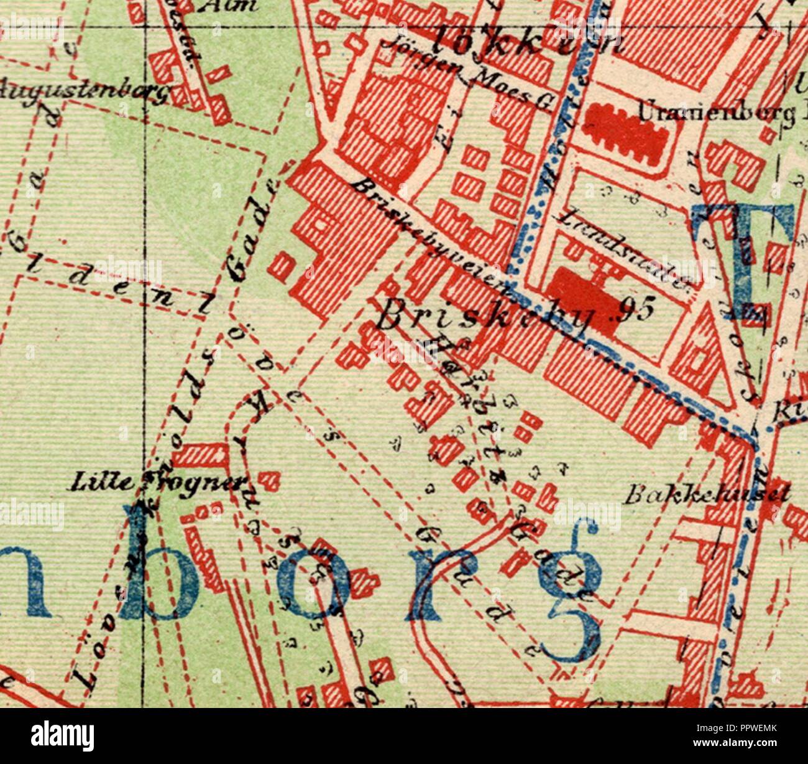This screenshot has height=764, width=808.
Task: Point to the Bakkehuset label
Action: point(707,495)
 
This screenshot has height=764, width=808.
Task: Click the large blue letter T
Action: point(743,261)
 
